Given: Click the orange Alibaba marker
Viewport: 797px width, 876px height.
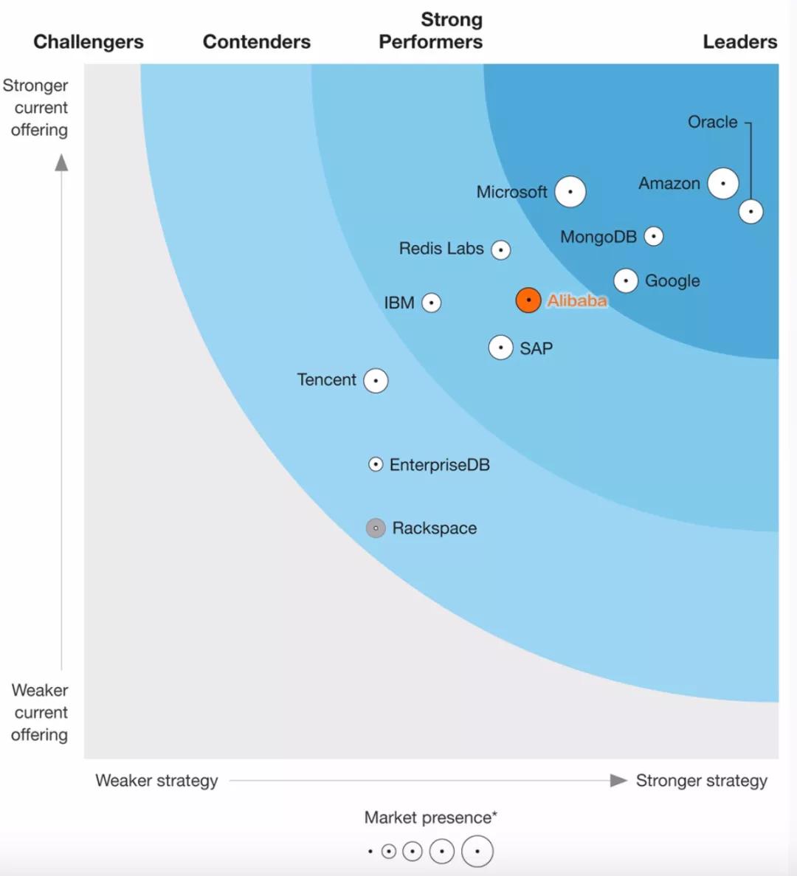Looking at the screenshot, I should tap(528, 300).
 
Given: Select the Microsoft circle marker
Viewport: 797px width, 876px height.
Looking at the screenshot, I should tap(570, 192).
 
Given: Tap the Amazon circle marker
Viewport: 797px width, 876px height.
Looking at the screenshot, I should tap(723, 183).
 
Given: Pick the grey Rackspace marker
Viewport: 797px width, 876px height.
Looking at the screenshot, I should tap(376, 528).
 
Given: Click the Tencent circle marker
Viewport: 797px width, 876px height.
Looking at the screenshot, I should tap(376, 381).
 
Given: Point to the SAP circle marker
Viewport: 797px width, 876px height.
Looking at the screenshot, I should tap(501, 348).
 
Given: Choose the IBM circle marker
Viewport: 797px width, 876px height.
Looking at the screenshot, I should tap(431, 303).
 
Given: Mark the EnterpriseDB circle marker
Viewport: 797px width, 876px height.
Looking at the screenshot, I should tap(376, 464).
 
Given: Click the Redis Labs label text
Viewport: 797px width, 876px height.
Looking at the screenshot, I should tap(441, 249).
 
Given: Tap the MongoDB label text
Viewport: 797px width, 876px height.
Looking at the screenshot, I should tap(598, 237).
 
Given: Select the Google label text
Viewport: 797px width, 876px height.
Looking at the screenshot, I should tap(672, 280).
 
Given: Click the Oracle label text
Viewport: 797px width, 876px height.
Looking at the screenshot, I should tap(712, 122).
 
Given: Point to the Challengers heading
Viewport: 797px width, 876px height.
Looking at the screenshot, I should tap(89, 42).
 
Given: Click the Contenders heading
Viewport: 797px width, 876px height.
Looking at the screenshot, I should tap(257, 42).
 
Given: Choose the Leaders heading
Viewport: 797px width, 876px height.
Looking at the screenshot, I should tap(739, 42).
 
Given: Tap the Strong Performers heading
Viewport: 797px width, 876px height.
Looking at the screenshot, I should tap(431, 31).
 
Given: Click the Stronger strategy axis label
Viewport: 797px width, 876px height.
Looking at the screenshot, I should tap(701, 781).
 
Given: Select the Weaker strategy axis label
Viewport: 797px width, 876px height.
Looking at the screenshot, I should tap(156, 781).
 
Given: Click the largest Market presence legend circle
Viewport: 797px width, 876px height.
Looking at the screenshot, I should tap(477, 852).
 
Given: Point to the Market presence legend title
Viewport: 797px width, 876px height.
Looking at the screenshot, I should tap(431, 818).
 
